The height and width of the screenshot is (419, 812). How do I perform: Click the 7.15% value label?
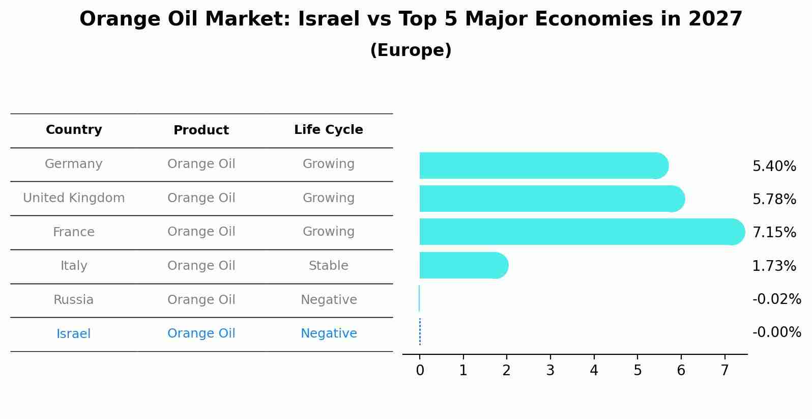[x=774, y=233]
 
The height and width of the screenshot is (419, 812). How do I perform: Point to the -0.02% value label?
[x=776, y=299]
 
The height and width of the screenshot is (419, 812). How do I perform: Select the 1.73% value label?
[x=774, y=266]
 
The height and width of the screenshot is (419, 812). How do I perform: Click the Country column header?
[x=74, y=130]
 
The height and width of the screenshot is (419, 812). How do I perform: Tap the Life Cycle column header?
[x=328, y=130]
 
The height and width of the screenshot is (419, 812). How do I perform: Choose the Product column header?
[x=201, y=130]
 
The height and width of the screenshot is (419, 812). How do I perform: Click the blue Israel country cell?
[x=73, y=334]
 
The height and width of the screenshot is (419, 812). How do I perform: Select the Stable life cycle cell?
[x=328, y=266]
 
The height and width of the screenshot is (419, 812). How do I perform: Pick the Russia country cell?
[x=73, y=300]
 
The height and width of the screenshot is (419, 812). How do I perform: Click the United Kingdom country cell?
[x=74, y=198]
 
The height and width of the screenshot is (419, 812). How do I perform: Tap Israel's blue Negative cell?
[x=328, y=333]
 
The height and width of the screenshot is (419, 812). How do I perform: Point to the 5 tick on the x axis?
[x=637, y=371]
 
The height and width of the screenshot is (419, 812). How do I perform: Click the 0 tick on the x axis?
[x=420, y=371]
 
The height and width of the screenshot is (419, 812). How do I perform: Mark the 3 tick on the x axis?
[x=550, y=371]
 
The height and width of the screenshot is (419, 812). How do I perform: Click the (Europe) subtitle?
[x=411, y=50]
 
